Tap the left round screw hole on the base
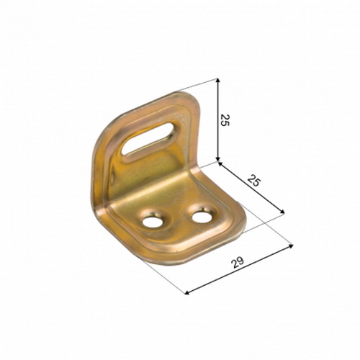pos(151,222)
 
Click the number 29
pos(238,263)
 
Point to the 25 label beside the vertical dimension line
pos(225,120)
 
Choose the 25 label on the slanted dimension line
pos(253,181)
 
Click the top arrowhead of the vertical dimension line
pos(217,81)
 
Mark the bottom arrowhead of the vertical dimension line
pos(218,159)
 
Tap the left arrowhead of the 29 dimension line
pos(188,292)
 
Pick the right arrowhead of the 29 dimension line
pos(291,246)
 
